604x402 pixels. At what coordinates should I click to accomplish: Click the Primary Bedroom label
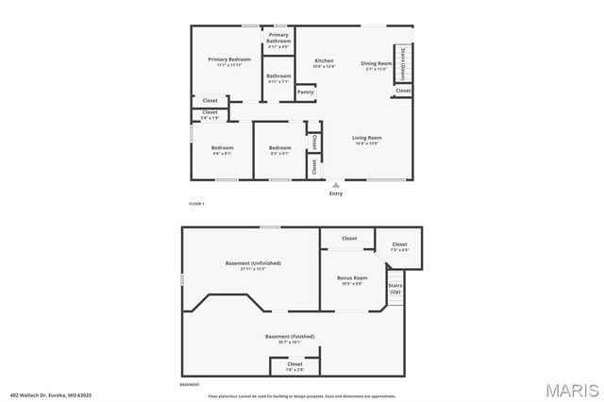[227, 59]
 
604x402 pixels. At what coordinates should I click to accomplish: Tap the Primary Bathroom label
[278, 39]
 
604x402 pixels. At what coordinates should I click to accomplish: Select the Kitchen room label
[324, 60]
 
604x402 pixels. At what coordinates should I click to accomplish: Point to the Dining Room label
[376, 63]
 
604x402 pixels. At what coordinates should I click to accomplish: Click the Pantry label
[305, 92]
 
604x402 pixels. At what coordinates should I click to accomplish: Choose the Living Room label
[366, 138]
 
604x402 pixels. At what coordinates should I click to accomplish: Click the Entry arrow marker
[335, 185]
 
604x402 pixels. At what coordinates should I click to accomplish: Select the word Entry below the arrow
[335, 194]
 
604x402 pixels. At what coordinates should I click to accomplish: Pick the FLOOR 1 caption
[196, 204]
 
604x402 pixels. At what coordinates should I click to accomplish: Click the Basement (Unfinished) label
[252, 263]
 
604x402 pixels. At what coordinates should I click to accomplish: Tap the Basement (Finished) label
[289, 336]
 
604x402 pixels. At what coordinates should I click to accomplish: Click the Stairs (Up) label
[394, 288]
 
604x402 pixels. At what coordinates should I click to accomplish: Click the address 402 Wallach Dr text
[51, 395]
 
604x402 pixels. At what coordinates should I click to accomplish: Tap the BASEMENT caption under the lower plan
[190, 385]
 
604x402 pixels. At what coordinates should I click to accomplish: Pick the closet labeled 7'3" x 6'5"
[399, 245]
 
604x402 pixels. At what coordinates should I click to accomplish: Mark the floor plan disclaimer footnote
[302, 396]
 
